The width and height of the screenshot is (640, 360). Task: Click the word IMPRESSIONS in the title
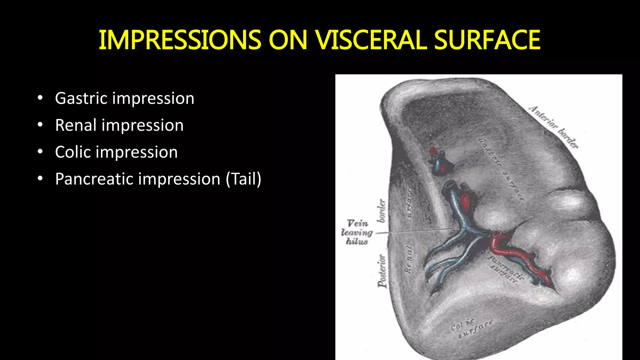[180, 40]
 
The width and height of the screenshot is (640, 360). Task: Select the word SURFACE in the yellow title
[487, 40]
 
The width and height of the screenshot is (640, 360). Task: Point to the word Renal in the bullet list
[76, 125]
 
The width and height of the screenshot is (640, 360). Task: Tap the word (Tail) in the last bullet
[243, 179]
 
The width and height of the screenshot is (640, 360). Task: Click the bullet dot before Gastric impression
[40, 98]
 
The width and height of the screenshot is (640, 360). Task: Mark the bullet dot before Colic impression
[40, 152]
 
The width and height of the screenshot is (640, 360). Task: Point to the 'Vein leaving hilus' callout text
[357, 232]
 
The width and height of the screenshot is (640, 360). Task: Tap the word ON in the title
[287, 40]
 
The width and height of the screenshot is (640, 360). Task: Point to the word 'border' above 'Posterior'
[382, 211]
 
